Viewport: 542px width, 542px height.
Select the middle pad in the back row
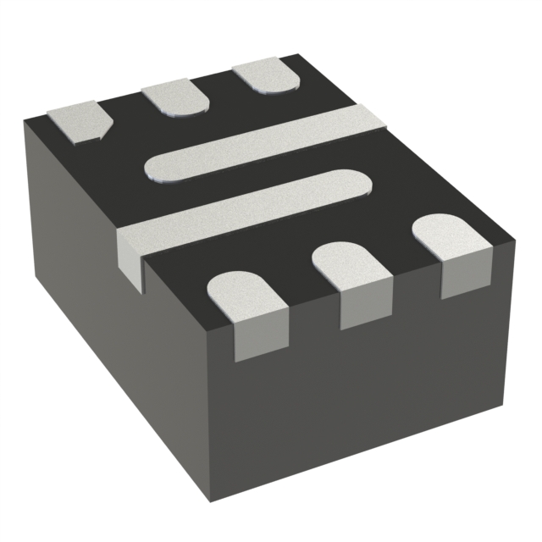175,97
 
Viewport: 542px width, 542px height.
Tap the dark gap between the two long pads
254,179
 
